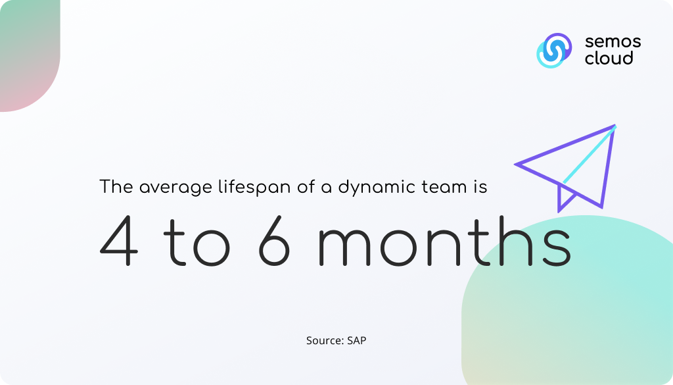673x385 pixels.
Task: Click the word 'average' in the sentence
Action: tap(175, 188)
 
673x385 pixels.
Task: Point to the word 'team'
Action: tap(444, 187)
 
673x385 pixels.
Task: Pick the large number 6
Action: tap(275, 240)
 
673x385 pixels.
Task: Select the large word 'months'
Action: tap(445, 242)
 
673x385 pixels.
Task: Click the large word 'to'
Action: tap(197, 243)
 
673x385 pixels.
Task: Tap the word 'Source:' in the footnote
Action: tap(325, 340)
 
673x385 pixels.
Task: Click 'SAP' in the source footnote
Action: tap(357, 340)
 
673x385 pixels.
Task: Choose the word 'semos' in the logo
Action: tap(613, 41)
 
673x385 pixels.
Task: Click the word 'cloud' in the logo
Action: tap(609, 57)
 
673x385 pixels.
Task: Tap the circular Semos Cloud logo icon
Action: tap(554, 50)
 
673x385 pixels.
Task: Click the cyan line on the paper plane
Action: tap(590, 154)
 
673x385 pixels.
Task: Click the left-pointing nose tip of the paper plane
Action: tap(515, 164)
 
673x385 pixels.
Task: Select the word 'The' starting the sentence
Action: tap(116, 186)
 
